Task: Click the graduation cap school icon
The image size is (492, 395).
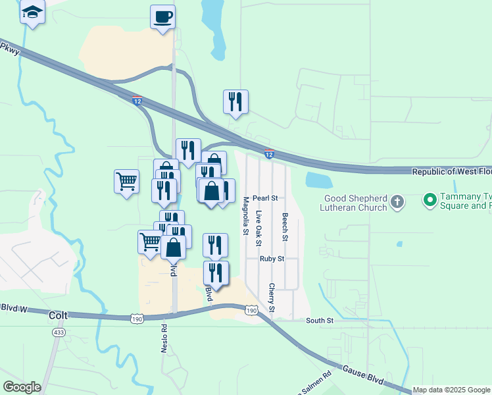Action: [x=32, y=12]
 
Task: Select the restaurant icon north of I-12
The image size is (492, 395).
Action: [x=235, y=101]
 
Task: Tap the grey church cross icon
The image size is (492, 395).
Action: [x=397, y=202]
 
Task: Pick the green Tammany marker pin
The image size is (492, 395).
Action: [x=430, y=199]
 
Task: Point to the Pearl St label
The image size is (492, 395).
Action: [x=266, y=197]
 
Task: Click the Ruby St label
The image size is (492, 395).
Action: [x=271, y=259]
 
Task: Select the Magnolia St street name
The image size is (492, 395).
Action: [x=245, y=216]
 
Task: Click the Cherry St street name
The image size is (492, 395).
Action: [x=271, y=298]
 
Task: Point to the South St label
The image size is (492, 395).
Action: [x=320, y=321]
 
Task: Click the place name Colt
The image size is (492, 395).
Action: [x=59, y=315]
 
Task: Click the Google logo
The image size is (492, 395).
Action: [x=22, y=387]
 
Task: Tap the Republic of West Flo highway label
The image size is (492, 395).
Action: [x=451, y=172]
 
